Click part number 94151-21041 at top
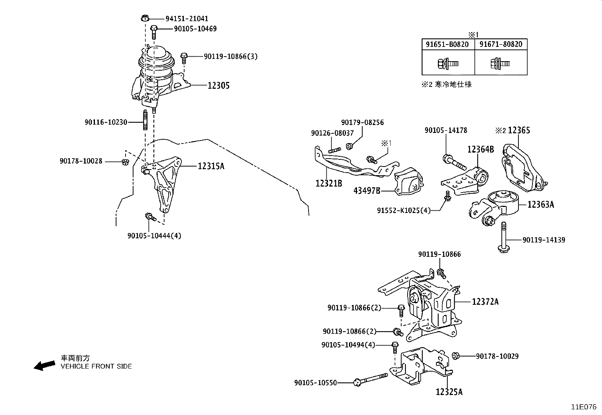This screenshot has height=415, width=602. [x=187, y=19]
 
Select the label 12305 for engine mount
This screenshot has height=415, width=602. [x=218, y=85]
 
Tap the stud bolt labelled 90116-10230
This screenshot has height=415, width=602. [x=145, y=120]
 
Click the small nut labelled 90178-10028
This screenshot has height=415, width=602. [x=126, y=162]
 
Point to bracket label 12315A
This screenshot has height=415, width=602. [x=211, y=166]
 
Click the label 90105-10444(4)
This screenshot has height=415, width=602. [x=154, y=236]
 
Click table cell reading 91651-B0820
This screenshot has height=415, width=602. [x=447, y=45]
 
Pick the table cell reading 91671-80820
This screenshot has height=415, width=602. [x=501, y=45]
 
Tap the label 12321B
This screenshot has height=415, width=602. [x=329, y=184]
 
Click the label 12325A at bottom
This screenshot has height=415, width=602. [x=449, y=392]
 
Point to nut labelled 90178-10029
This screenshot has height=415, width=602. [x=456, y=356]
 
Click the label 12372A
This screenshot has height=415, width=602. [x=485, y=302]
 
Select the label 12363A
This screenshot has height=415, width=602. [x=540, y=205]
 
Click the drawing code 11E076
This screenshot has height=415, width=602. [x=583, y=407]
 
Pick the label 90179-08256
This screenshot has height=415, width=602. [x=362, y=122]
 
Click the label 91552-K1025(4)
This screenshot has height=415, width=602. [x=403, y=210]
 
